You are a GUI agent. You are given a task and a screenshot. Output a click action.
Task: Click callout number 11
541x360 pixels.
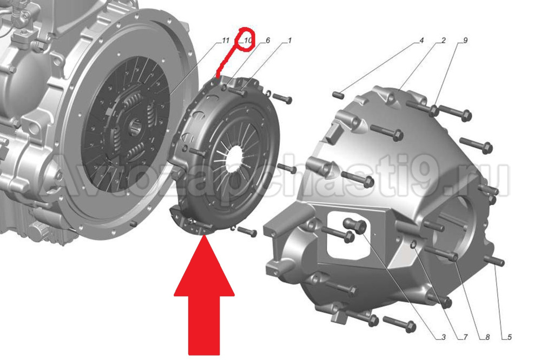tap(225, 41)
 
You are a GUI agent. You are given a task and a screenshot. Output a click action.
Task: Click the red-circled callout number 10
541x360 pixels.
tap(248, 41)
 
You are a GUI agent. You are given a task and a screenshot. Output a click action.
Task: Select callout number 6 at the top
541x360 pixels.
tap(268, 41)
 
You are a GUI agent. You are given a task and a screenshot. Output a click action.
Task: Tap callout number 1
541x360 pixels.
tap(290, 41)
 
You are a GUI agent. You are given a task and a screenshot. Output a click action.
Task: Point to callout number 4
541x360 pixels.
tap(421, 41)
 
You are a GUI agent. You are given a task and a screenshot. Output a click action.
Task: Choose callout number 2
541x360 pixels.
tap(444, 41)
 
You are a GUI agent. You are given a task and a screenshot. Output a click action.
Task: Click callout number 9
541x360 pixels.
tap(465, 41)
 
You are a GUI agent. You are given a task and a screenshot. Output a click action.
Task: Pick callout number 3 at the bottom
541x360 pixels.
tap(444, 337)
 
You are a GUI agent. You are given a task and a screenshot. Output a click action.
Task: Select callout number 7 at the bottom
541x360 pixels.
tap(465, 337)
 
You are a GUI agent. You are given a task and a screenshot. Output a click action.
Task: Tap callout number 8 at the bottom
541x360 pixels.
tap(487, 337)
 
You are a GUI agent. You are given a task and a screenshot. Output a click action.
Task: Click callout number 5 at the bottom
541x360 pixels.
tap(510, 337)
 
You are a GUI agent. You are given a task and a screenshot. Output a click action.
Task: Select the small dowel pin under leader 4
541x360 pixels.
tap(339, 94)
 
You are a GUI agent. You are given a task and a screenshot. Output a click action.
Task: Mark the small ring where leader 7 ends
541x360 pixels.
tap(414, 245)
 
